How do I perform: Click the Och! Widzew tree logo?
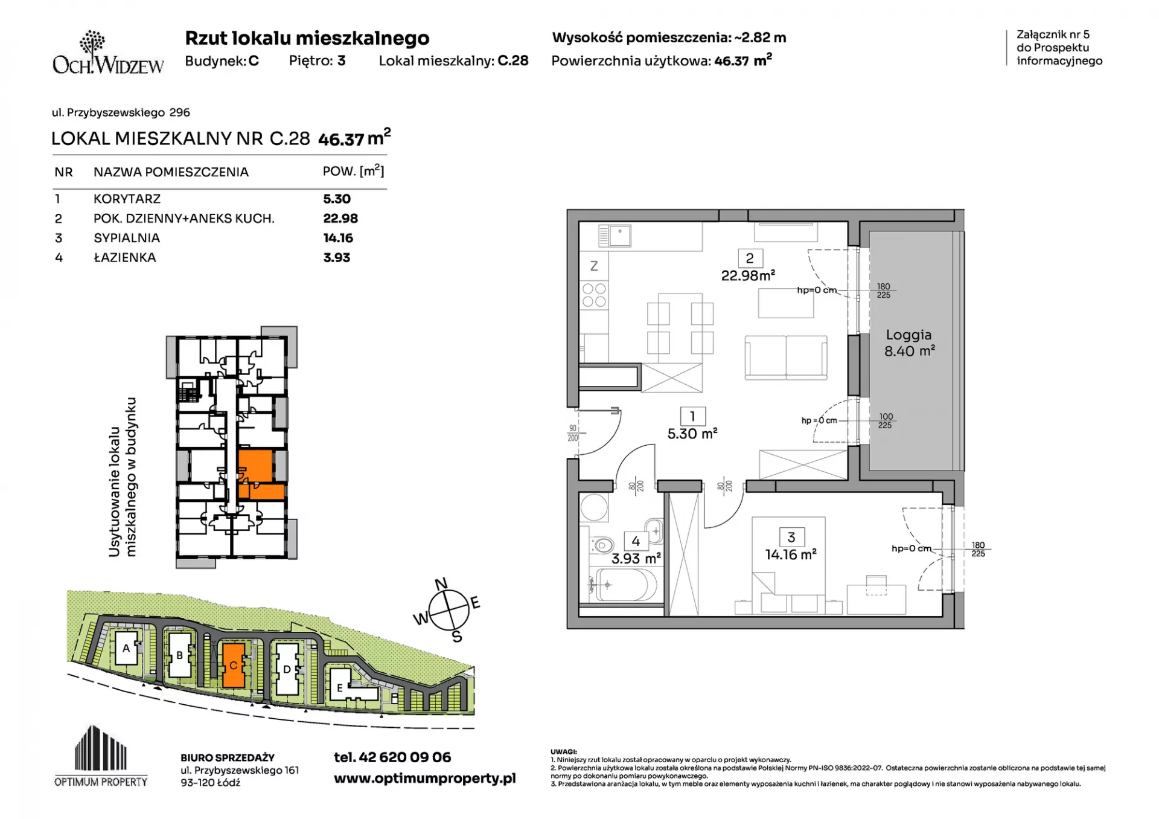coord(92,43)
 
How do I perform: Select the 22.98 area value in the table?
coord(340,219)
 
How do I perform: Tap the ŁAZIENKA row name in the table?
coord(125,257)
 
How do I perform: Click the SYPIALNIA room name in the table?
coord(127,238)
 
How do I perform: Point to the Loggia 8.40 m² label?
coord(909,342)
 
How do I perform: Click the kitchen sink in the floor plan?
coord(615,236)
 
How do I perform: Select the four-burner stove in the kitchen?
coord(594,295)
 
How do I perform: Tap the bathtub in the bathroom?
coord(622,585)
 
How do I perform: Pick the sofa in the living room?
coord(786,357)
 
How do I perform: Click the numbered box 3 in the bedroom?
coord(791,537)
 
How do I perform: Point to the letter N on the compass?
coord(441,583)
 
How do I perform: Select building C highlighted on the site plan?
coord(234,665)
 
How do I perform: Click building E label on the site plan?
coord(340,688)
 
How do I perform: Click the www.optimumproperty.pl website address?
coord(425,779)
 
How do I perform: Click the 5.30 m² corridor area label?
coord(692,434)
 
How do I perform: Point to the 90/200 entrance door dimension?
coord(573,433)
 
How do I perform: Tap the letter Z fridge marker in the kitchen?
coord(594,266)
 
